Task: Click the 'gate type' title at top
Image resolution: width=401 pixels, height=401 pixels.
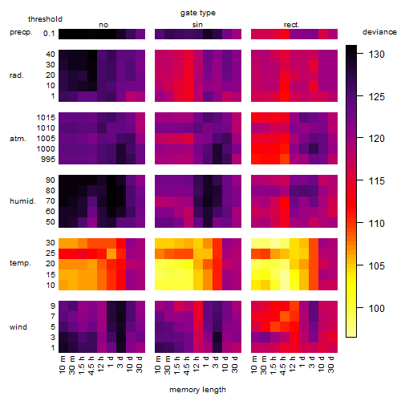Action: pyautogui.click(x=198, y=13)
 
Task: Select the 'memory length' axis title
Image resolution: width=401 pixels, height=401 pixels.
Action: pyautogui.click(x=197, y=390)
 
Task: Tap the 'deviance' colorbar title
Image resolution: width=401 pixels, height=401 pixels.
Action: pyautogui.click(x=379, y=32)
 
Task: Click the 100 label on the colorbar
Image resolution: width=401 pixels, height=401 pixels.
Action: pyautogui.click(x=377, y=309)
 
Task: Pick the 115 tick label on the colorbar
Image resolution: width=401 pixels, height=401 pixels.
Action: pyautogui.click(x=377, y=181)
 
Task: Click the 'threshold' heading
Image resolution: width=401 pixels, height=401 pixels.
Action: pyautogui.click(x=45, y=19)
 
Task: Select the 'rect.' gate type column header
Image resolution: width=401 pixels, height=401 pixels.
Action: pyautogui.click(x=292, y=25)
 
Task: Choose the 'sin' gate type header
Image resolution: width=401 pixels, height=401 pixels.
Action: pyautogui.click(x=197, y=25)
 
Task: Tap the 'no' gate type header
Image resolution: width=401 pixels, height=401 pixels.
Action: pyautogui.click(x=103, y=25)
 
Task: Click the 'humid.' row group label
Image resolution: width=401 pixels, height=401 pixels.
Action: pyautogui.click(x=22, y=201)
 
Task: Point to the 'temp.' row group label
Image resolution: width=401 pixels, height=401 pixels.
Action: pyautogui.click(x=20, y=263)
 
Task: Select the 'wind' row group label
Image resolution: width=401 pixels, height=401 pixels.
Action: pyautogui.click(x=18, y=327)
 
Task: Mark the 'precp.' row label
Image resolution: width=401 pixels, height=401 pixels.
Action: pyautogui.click(x=21, y=32)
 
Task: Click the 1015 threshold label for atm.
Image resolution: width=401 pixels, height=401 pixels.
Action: pyautogui.click(x=46, y=118)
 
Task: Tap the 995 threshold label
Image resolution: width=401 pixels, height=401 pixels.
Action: pyautogui.click(x=48, y=160)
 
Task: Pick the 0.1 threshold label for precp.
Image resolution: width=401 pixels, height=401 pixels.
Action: pyautogui.click(x=49, y=34)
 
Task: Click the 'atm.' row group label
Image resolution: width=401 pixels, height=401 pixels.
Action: pyautogui.click(x=18, y=139)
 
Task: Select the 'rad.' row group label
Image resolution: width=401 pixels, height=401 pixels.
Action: pyautogui.click(x=17, y=75)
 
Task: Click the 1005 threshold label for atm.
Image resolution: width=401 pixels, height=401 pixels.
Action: pyautogui.click(x=46, y=139)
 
